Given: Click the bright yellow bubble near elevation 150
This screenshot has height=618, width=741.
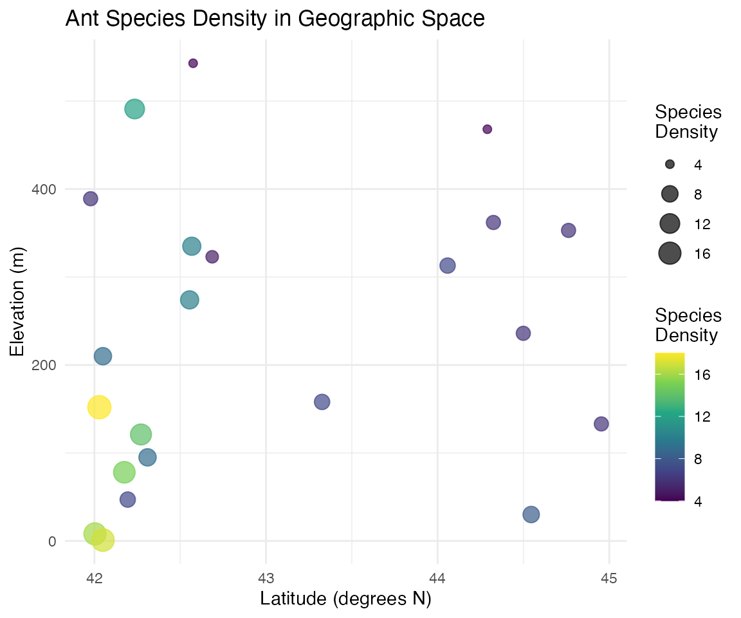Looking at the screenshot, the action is (x=99, y=407).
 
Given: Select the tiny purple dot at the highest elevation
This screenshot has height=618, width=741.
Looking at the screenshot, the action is (x=193, y=63).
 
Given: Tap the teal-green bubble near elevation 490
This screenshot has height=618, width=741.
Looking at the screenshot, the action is (x=134, y=109).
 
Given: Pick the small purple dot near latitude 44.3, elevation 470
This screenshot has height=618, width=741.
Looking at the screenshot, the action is (x=487, y=129).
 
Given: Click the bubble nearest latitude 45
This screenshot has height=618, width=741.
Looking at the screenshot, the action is (x=601, y=424).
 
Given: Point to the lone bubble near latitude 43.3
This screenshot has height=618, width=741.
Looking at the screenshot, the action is (x=322, y=402).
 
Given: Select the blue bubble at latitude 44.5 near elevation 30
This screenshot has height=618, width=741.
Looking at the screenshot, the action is (x=531, y=514).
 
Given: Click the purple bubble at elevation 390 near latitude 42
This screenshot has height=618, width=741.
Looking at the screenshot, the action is (x=91, y=198).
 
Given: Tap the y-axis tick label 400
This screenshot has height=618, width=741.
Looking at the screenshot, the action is (x=44, y=189).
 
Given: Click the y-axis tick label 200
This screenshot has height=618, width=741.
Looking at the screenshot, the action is (x=44, y=365).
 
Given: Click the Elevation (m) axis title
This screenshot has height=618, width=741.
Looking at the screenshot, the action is (x=17, y=302).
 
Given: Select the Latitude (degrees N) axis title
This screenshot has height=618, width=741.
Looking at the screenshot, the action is (x=346, y=599).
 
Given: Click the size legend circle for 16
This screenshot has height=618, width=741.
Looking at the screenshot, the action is (x=670, y=253).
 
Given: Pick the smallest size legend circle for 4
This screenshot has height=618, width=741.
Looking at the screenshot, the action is (x=670, y=165).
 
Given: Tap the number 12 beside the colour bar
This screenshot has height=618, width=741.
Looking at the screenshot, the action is (x=702, y=417).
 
